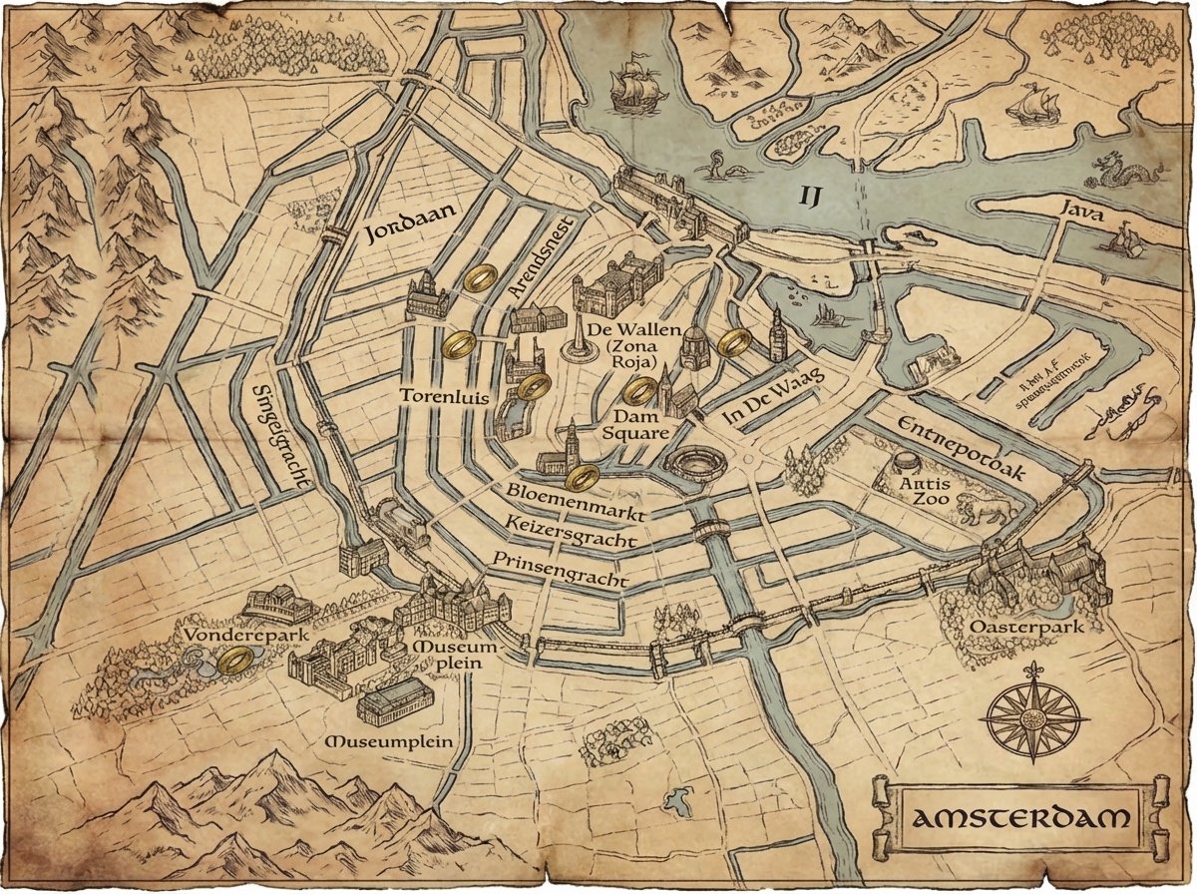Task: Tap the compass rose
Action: pos(1034,715)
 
